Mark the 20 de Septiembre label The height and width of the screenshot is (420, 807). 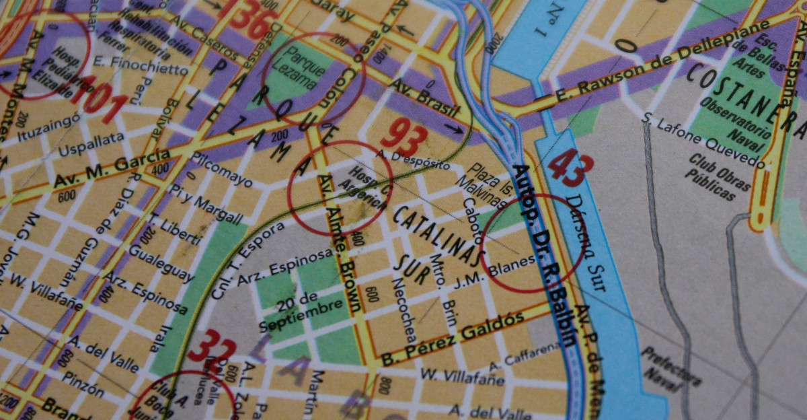click(x=299, y=312)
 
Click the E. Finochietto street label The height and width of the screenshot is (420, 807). click(x=132, y=69)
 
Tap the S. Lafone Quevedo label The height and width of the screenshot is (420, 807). click(x=703, y=140)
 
